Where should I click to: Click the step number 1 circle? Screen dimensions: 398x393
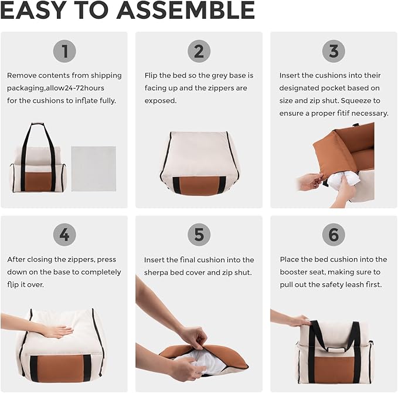pyautogui.click(x=64, y=51)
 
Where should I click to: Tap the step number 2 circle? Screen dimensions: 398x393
pyautogui.click(x=199, y=51)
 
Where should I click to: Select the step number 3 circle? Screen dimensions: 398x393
pyautogui.click(x=334, y=51)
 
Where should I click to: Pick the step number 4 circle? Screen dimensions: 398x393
pyautogui.click(x=64, y=235)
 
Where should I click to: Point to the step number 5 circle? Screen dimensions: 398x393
pyautogui.click(x=199, y=235)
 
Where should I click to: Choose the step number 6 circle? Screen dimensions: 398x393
pyautogui.click(x=334, y=235)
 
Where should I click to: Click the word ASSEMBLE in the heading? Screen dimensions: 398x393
pyautogui.click(x=186, y=11)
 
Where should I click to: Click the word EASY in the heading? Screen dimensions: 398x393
pyautogui.click(x=35, y=11)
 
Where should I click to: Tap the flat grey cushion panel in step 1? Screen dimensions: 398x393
pyautogui.click(x=94, y=168)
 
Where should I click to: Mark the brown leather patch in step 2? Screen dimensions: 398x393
pyautogui.click(x=199, y=186)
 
